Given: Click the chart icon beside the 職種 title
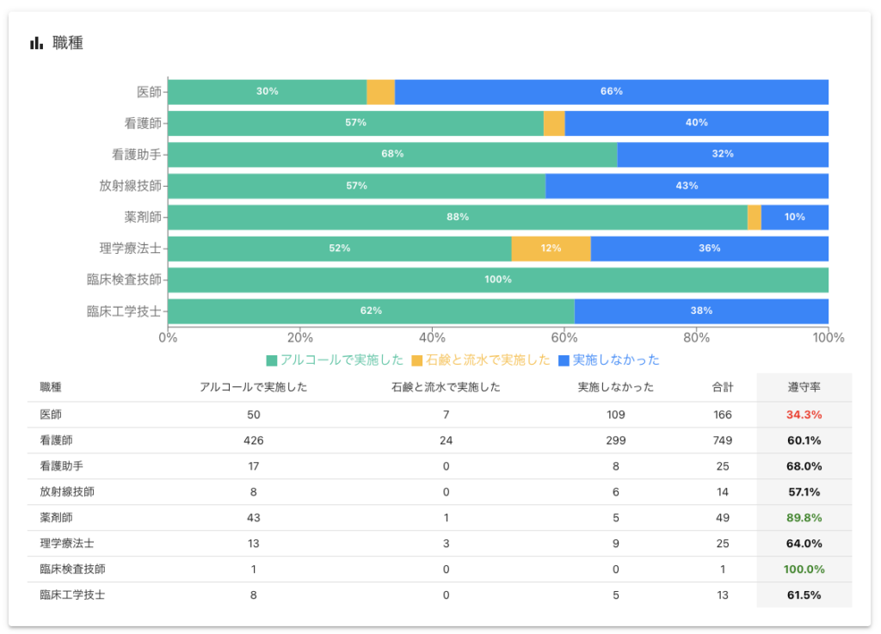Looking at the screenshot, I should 36,43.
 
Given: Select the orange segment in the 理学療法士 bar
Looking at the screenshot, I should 551,249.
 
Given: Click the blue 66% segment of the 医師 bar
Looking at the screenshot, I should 611,92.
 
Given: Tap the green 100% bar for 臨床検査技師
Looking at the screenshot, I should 497,280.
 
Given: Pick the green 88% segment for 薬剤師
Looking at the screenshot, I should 457,218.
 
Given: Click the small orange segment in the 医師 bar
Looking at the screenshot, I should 380,92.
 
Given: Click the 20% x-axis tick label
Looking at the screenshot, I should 299,337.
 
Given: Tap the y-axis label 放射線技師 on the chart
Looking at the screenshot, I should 130,186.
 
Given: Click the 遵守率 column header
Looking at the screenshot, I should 804,387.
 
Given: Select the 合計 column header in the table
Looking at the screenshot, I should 722,387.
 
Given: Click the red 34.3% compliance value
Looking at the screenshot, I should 804,415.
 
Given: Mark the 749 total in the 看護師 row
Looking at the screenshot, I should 722,440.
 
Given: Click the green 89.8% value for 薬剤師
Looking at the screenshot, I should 804,518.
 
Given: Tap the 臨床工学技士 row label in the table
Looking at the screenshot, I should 72,594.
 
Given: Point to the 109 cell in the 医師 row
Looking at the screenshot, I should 615,415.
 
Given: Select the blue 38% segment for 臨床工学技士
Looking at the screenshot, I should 700,311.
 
